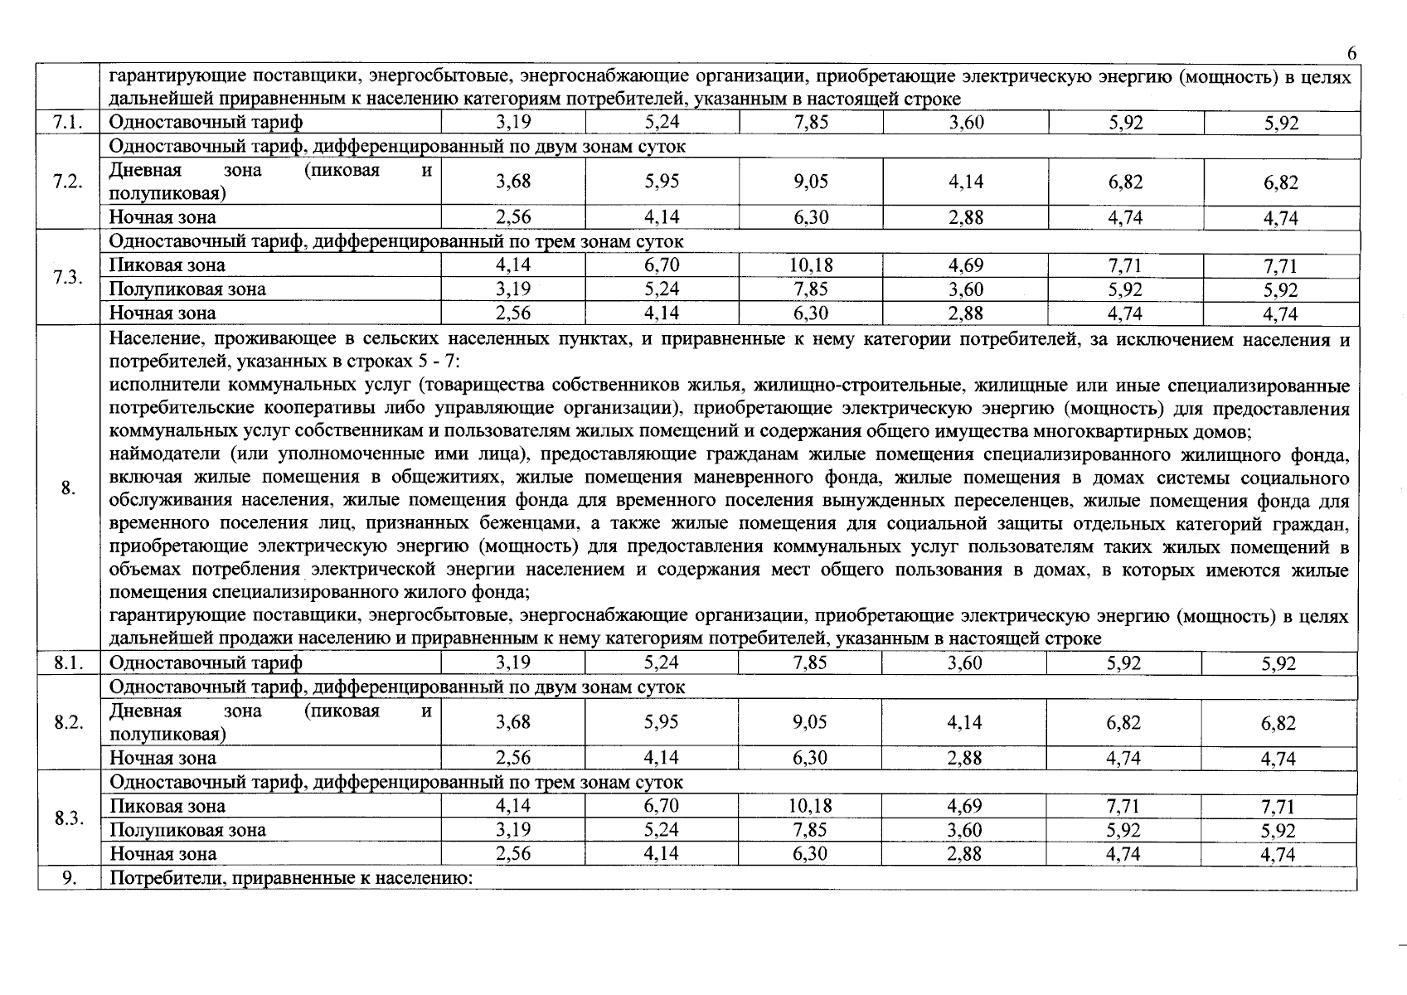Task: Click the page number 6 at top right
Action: [1351, 54]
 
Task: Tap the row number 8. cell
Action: [69, 488]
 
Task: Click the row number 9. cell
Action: [69, 878]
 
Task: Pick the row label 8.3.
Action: [69, 818]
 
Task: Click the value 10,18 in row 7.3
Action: [810, 265]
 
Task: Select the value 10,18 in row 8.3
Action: [810, 806]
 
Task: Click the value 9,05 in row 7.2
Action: [810, 182]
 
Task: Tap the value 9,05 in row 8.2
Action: [810, 722]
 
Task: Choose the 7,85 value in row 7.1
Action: [810, 123]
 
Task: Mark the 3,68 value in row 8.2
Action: [513, 722]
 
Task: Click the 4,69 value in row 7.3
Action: [965, 265]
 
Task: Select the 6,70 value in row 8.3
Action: [661, 806]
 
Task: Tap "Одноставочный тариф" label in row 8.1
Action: [206, 663]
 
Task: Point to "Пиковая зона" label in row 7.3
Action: [167, 265]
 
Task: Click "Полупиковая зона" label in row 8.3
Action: [187, 830]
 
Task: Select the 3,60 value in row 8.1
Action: [964, 663]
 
